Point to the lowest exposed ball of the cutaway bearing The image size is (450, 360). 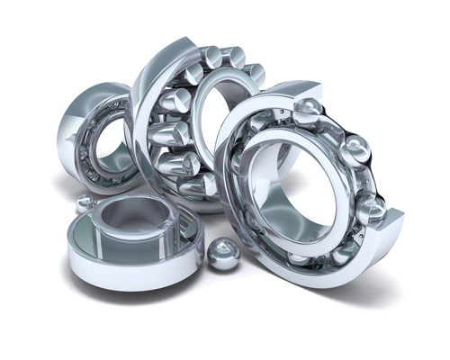[x=370, y=210]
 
